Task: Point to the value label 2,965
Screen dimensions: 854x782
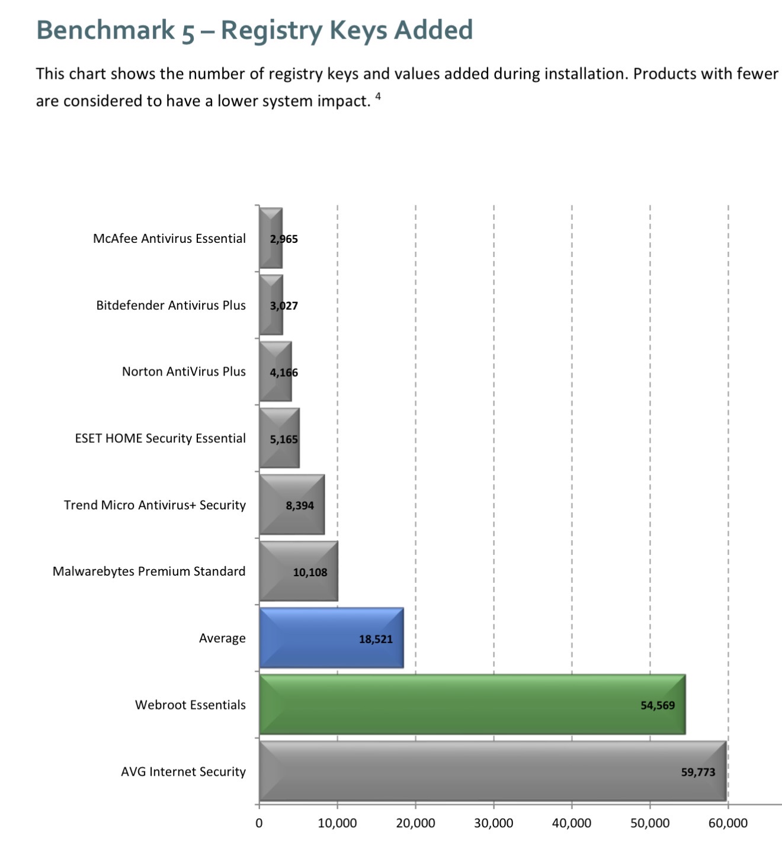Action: [x=284, y=239]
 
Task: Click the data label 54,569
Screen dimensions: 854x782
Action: [x=658, y=705]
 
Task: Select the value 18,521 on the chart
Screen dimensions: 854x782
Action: [x=376, y=639]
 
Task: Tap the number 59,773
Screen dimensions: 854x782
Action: [x=698, y=772]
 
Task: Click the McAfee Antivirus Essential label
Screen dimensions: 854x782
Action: [x=169, y=239]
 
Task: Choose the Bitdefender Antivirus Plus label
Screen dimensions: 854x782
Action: [x=171, y=306]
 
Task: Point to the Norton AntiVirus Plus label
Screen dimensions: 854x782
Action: [x=184, y=372]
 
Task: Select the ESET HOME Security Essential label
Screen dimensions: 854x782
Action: [x=160, y=438]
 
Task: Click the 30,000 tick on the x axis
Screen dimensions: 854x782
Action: [x=493, y=823]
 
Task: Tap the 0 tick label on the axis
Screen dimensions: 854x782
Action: [x=259, y=823]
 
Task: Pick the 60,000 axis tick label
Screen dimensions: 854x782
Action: [x=727, y=823]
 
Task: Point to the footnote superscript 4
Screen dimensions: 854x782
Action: [x=378, y=95]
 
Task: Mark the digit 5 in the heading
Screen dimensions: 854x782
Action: [x=188, y=32]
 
